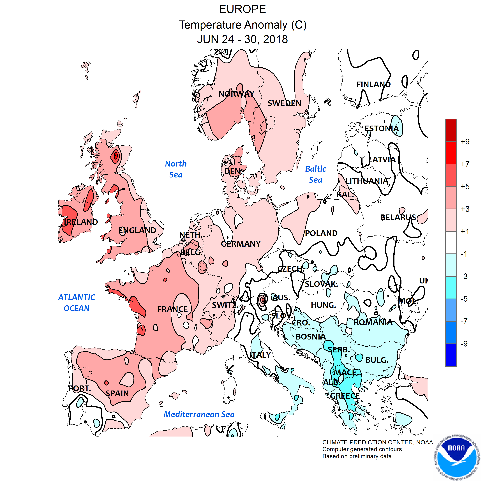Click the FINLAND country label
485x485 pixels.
(373, 85)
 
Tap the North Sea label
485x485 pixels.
(176, 169)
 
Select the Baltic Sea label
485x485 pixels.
(315, 174)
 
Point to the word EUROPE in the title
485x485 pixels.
(242, 10)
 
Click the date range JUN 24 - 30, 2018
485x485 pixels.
(242, 39)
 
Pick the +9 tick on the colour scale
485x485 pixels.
(465, 142)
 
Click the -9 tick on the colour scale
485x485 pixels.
(464, 344)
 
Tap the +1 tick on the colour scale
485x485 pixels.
(465, 232)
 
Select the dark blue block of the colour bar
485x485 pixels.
(451, 355)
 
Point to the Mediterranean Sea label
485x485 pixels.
(199, 414)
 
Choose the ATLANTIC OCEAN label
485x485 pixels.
(77, 303)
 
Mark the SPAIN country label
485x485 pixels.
(117, 393)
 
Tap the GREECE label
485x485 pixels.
(345, 396)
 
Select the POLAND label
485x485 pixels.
(321, 233)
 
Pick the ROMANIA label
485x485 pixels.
(373, 322)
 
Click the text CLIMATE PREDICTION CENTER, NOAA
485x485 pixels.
(377, 442)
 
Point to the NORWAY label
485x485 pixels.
(236, 94)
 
